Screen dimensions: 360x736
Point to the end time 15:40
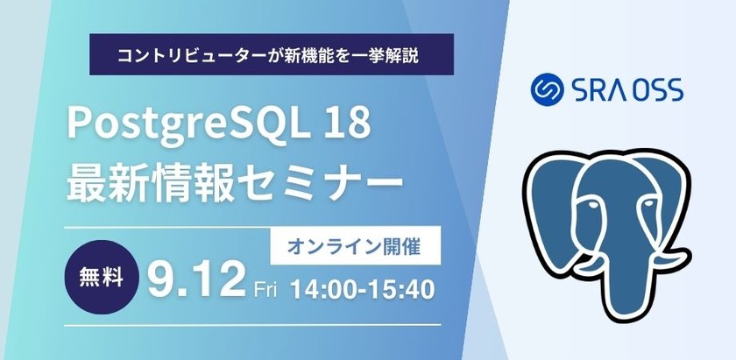tap(404, 288)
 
